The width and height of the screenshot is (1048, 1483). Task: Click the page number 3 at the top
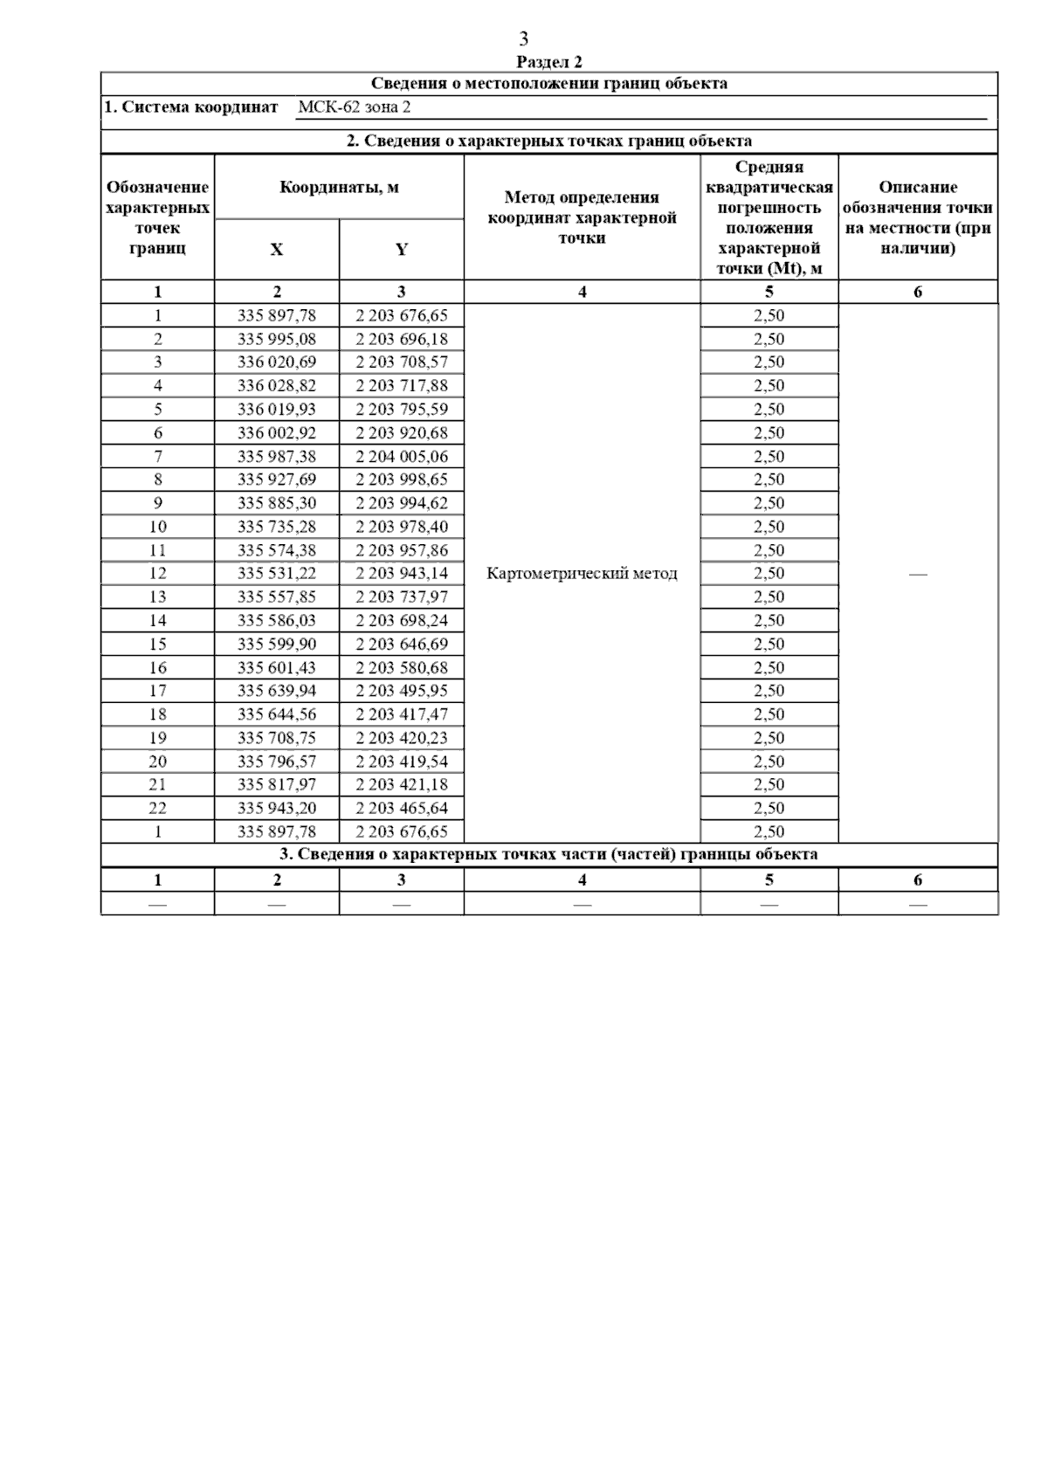523,39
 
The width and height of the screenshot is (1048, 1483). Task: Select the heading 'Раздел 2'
548,62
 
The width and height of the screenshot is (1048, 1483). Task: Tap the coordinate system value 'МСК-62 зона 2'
354,107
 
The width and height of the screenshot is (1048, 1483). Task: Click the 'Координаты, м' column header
339,187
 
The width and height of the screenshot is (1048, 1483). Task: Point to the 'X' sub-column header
276,250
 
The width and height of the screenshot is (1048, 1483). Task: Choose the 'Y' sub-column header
401,250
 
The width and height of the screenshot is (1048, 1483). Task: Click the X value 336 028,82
277,385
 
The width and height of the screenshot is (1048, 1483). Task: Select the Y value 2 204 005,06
401,456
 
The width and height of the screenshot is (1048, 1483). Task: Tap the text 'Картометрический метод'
582,574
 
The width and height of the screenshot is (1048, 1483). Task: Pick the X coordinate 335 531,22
277,574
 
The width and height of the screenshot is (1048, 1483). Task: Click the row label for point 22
157,808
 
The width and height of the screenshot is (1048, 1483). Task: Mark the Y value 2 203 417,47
401,714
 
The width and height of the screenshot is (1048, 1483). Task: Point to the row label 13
157,597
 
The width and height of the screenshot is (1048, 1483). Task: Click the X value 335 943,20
277,808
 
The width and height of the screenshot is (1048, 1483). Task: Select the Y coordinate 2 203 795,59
401,409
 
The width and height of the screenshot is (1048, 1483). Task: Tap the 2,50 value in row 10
769,527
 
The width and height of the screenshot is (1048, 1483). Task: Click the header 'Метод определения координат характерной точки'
582,217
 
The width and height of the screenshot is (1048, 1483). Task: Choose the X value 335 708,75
277,738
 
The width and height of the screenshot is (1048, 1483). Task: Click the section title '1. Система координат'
191,107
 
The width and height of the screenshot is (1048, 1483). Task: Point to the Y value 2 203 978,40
401,527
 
